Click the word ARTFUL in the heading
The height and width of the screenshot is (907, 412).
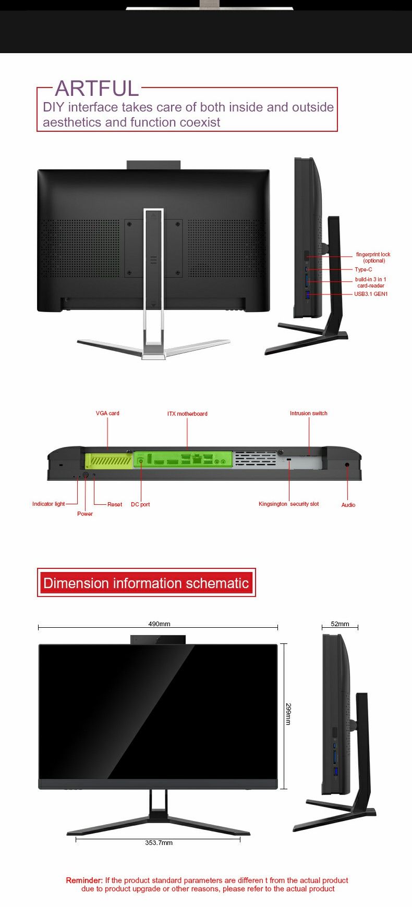(x=97, y=89)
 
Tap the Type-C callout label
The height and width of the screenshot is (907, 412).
(x=363, y=269)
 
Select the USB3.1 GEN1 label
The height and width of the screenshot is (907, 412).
(x=371, y=294)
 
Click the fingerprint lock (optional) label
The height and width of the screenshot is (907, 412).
(x=373, y=257)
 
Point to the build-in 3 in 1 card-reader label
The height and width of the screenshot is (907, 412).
(x=371, y=282)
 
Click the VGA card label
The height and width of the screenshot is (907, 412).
(x=107, y=413)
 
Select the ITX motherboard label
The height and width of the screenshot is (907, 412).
(x=187, y=414)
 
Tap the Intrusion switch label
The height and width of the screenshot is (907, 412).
(x=309, y=413)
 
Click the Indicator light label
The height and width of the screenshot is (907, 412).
(x=49, y=504)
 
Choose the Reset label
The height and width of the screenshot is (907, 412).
(x=115, y=504)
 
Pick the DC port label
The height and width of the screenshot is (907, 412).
(x=140, y=504)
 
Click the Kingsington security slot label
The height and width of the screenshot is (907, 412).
(x=289, y=504)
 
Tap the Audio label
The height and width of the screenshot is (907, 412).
(x=348, y=505)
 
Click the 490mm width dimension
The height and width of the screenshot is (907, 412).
(x=159, y=624)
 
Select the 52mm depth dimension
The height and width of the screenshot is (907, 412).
(x=340, y=624)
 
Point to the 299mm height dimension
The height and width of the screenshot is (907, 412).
(x=288, y=714)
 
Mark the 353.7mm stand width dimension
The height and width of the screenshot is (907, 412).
(x=159, y=842)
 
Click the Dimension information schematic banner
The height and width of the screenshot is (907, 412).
(x=146, y=582)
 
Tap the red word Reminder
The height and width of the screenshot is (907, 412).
(x=84, y=880)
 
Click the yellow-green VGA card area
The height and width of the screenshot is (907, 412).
(x=108, y=460)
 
